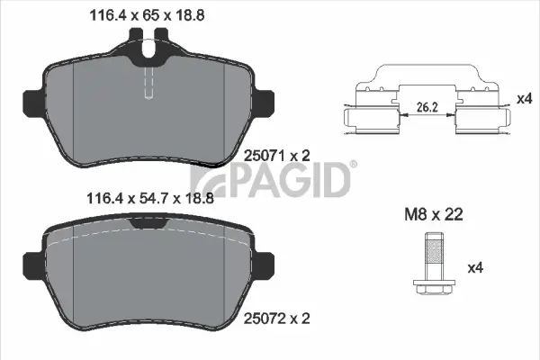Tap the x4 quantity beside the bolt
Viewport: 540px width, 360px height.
click(x=476, y=267)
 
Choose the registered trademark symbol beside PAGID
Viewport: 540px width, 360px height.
click(x=352, y=165)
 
